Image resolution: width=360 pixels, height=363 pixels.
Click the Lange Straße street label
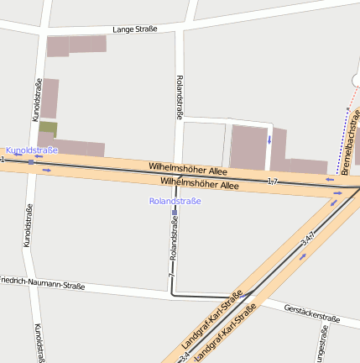(135, 29)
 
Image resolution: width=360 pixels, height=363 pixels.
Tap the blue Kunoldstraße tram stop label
(32, 150)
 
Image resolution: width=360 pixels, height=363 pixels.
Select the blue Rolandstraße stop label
(175, 201)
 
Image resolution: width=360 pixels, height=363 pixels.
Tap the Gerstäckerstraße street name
(311, 313)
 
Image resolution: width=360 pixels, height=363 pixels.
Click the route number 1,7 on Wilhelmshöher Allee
(272, 181)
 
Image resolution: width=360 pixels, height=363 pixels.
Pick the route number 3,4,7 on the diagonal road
(307, 239)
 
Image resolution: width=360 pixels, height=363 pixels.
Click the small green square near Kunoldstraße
(49, 129)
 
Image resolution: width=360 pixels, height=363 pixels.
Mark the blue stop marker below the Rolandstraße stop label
(175, 213)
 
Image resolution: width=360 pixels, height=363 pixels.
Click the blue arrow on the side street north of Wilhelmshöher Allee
(269, 139)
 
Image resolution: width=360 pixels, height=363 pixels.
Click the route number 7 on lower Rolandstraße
(170, 276)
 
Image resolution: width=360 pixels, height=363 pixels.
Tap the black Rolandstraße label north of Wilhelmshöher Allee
(179, 97)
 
